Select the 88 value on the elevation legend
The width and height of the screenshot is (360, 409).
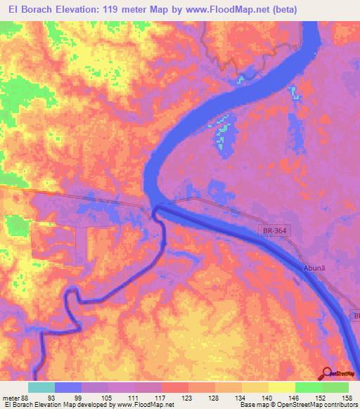(x=22, y=398)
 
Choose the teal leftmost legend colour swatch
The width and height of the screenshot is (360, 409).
(x=41, y=387)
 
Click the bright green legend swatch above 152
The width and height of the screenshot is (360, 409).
(x=308, y=387)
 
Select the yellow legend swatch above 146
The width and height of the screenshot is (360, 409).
(x=281, y=387)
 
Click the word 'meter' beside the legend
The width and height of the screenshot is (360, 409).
(x=9, y=398)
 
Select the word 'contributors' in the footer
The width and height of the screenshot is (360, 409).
(x=335, y=405)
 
